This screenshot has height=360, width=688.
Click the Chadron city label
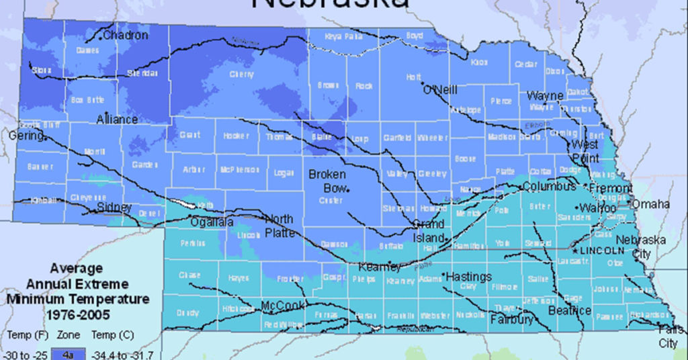[126, 35]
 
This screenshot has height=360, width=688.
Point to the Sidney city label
[114, 207]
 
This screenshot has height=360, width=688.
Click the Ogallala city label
[212, 222]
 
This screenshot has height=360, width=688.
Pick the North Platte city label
[279, 226]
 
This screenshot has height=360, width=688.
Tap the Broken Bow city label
[327, 180]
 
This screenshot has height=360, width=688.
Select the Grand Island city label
[428, 230]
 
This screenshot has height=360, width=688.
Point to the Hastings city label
[469, 276]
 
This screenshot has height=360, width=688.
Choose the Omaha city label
[651, 204]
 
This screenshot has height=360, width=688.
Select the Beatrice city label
[569, 311]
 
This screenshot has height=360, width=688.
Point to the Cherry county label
[241, 75]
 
